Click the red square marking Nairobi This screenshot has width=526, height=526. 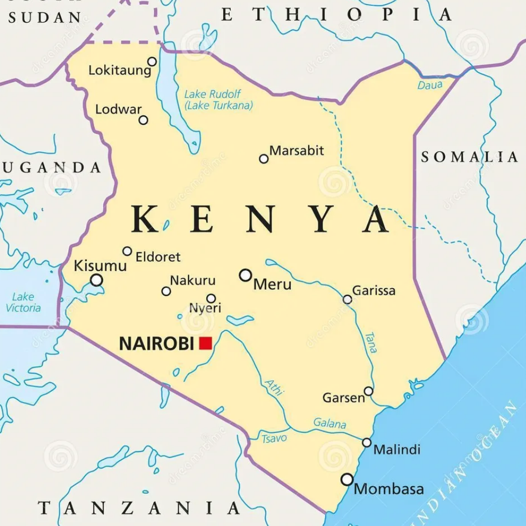(x=205, y=343)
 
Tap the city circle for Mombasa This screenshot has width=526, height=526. (x=347, y=479)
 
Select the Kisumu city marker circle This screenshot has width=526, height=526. (x=96, y=280)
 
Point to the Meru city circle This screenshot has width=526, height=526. (x=246, y=275)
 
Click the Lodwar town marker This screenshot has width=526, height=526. (x=143, y=120)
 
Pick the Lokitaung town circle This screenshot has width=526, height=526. (x=152, y=62)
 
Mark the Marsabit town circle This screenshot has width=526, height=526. (x=264, y=158)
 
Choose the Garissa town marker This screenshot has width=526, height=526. (x=347, y=299)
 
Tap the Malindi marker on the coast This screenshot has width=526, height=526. (x=367, y=442)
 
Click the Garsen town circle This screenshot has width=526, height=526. (x=369, y=391)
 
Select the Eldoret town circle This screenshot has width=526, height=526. (x=127, y=251)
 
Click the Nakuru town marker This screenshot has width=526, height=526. (x=166, y=291)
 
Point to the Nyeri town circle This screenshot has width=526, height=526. (x=211, y=298)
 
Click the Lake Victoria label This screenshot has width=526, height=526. (x=23, y=302)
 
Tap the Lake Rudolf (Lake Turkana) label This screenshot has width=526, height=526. (x=218, y=100)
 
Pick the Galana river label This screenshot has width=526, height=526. (x=330, y=423)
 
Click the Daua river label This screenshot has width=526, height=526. (x=430, y=85)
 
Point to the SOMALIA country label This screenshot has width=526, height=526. (x=469, y=156)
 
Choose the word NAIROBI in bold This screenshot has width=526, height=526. (x=157, y=343)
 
